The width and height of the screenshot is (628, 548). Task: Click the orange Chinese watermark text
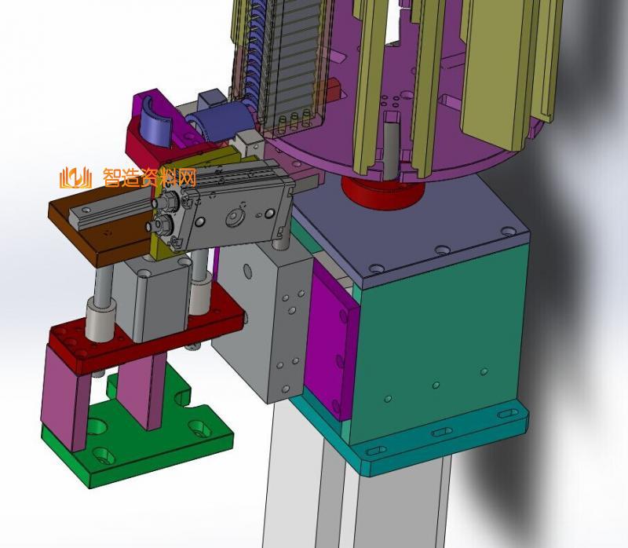pyautogui.click(x=150, y=178)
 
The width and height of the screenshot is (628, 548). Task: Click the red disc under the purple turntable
pyautogui.click(x=382, y=192)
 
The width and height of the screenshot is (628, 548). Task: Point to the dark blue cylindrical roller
pyautogui.click(x=218, y=122)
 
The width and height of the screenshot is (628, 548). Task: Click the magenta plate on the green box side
pyautogui.click(x=330, y=341)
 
